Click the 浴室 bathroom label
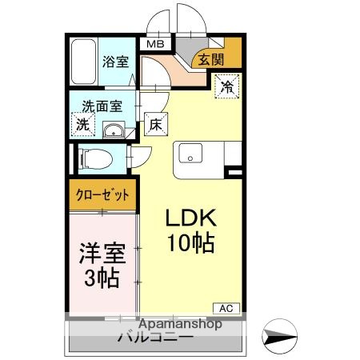tap(116, 61)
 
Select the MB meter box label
tap(154, 46)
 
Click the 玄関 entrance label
tap(210, 58)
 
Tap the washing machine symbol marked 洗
tap(82, 124)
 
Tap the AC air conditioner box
tap(226, 307)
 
